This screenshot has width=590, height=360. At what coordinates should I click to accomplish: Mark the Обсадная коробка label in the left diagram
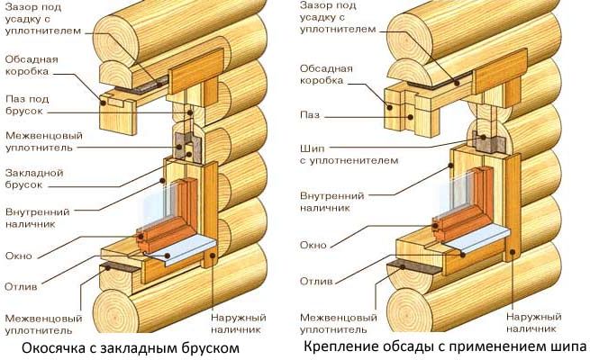(x=32, y=66)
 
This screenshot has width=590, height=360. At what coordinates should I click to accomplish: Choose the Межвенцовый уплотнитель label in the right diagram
(x=336, y=323)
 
